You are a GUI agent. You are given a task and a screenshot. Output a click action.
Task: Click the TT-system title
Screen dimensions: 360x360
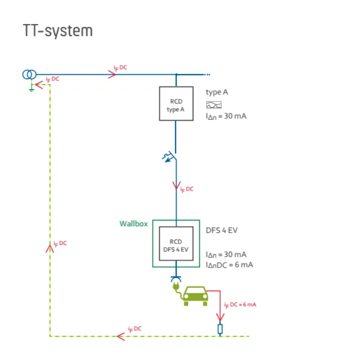(57, 30)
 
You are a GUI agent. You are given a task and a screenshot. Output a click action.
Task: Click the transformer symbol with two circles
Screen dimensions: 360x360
(29, 75)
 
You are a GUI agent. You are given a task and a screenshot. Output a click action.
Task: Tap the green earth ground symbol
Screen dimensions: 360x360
(31, 88)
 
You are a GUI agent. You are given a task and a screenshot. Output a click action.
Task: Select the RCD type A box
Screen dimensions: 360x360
(176, 103)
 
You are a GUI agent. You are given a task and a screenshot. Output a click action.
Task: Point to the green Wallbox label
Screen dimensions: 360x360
(133, 224)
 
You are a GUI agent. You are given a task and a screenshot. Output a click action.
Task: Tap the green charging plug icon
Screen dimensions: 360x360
(176, 288)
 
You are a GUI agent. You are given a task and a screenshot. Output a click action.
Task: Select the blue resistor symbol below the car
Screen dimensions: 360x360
(220, 329)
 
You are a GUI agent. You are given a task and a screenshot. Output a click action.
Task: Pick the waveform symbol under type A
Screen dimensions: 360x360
(214, 104)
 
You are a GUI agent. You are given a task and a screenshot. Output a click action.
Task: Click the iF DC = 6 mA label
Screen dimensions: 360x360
(240, 304)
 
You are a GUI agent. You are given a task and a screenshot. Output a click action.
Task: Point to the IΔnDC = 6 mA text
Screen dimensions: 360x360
(229, 265)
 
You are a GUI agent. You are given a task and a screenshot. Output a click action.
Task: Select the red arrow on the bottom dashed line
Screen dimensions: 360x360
(121, 336)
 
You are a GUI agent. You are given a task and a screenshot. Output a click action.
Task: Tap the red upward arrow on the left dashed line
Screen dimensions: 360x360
(50, 248)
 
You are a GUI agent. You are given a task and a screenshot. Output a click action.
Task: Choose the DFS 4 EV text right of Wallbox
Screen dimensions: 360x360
(221, 230)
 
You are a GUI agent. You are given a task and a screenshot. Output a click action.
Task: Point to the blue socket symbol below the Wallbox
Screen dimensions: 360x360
(176, 279)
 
